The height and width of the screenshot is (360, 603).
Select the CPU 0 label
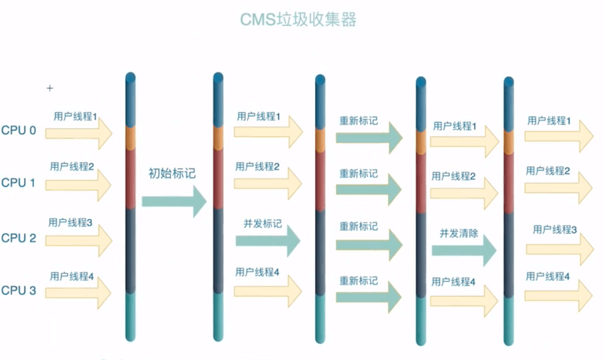19,130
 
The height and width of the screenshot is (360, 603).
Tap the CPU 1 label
19,182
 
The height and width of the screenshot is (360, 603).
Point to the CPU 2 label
19,238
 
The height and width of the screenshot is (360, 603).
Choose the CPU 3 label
19,290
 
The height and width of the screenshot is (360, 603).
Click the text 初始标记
172,172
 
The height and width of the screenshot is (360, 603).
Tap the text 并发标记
262,224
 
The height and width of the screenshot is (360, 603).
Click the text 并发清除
459,233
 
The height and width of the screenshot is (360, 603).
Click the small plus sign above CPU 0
51,88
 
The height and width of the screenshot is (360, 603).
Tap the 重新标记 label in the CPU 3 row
358,280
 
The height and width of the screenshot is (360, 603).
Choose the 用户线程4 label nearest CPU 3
72,276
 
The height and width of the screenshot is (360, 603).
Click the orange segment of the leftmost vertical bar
130,137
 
